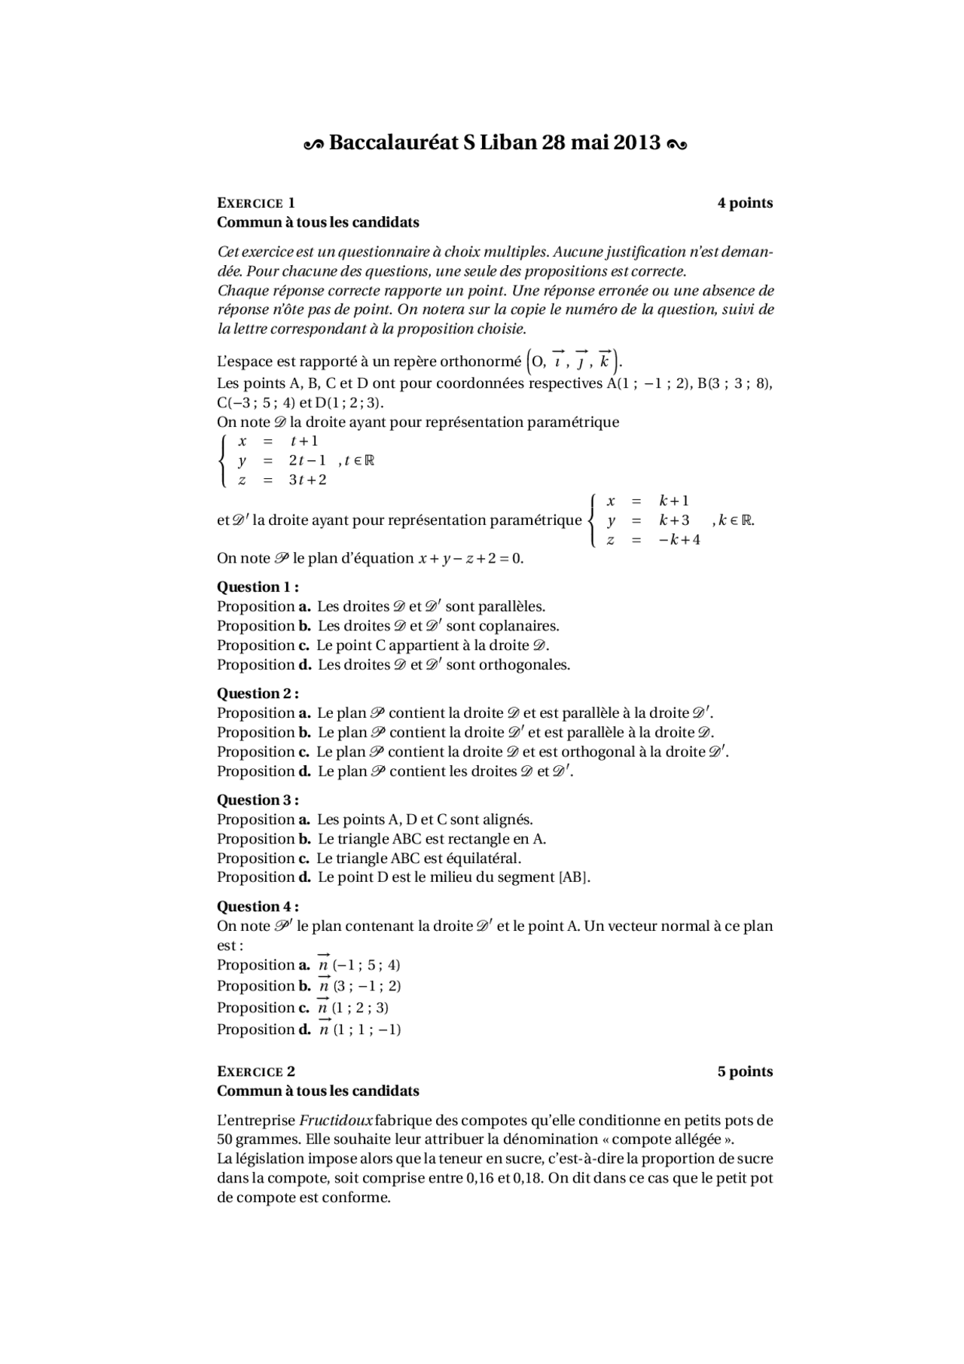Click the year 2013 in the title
click(x=636, y=142)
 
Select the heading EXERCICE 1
click(x=256, y=203)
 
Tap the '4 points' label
click(x=745, y=203)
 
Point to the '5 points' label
click(x=745, y=1071)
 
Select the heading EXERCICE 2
click(x=256, y=1071)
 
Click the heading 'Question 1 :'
click(x=258, y=587)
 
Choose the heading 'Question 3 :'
click(x=258, y=800)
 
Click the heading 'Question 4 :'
click(x=258, y=906)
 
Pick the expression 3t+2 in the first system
click(x=308, y=480)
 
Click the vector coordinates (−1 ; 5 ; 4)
click(x=367, y=965)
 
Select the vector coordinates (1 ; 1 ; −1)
click(x=367, y=1030)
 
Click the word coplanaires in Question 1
click(x=519, y=626)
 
